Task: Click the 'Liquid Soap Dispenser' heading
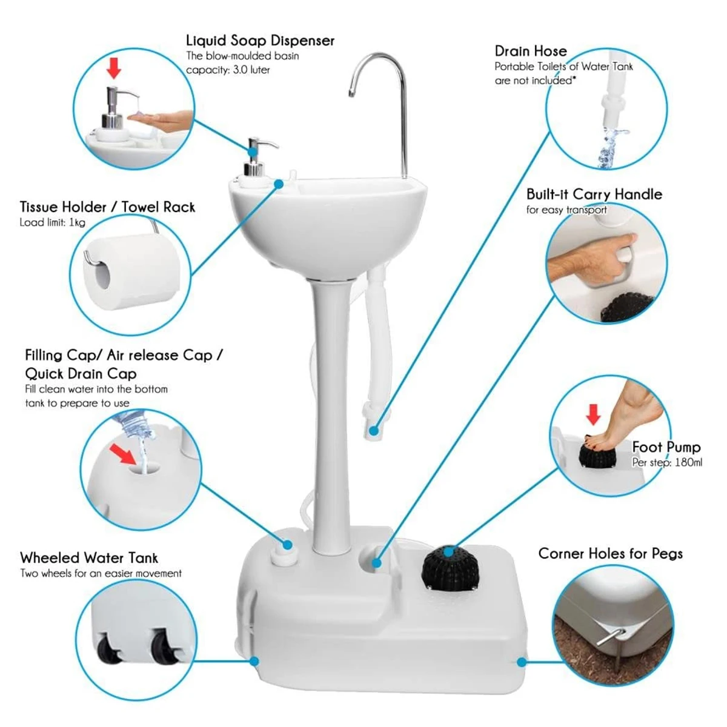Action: pos(260,41)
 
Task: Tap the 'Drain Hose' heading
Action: pos(531,51)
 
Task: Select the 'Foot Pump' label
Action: pos(666,447)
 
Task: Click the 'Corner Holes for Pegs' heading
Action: pos(610,553)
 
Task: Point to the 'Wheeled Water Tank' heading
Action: pos(89,557)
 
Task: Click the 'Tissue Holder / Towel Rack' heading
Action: pos(107,207)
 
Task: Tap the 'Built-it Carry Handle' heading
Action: pos(594,194)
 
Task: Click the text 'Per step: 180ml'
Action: pos(667,462)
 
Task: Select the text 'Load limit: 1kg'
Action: pos(52,222)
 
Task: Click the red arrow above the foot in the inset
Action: pos(593,415)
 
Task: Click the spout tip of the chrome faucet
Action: pos(351,93)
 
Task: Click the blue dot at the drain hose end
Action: pos(374,431)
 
